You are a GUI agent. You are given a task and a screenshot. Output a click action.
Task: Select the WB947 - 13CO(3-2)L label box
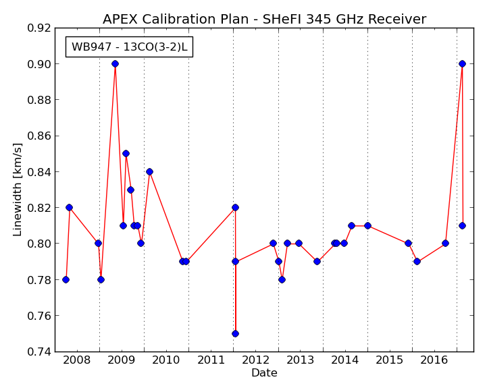(129, 47)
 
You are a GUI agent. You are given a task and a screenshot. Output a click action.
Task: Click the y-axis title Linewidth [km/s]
(18, 190)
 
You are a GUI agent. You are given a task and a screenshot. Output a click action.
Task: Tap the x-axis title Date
(264, 372)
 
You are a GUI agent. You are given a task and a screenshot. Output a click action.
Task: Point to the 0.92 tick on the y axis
(39, 28)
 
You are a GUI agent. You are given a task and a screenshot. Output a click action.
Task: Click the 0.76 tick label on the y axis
(39, 316)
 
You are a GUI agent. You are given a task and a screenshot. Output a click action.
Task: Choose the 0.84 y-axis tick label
(39, 172)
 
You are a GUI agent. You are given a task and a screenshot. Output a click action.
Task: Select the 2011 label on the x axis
(211, 360)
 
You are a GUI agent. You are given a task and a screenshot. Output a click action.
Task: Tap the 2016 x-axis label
(434, 360)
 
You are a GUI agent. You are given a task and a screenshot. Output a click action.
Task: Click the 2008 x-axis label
(77, 360)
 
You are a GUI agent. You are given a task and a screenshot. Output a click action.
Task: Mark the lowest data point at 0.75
(236, 334)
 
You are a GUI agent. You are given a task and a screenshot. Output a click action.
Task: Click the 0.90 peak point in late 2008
(115, 64)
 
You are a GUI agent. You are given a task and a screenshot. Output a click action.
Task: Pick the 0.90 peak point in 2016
(462, 64)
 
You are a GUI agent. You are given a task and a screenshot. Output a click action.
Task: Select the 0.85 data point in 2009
(126, 154)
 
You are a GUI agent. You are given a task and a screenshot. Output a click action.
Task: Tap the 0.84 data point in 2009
(149, 171)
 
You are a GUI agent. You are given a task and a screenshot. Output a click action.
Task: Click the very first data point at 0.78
(66, 279)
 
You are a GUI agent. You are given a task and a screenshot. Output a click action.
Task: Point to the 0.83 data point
(131, 190)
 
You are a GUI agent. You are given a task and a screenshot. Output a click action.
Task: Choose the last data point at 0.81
(462, 225)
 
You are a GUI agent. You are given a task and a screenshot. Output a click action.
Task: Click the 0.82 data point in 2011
(236, 208)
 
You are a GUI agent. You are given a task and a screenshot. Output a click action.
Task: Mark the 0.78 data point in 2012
(282, 279)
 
